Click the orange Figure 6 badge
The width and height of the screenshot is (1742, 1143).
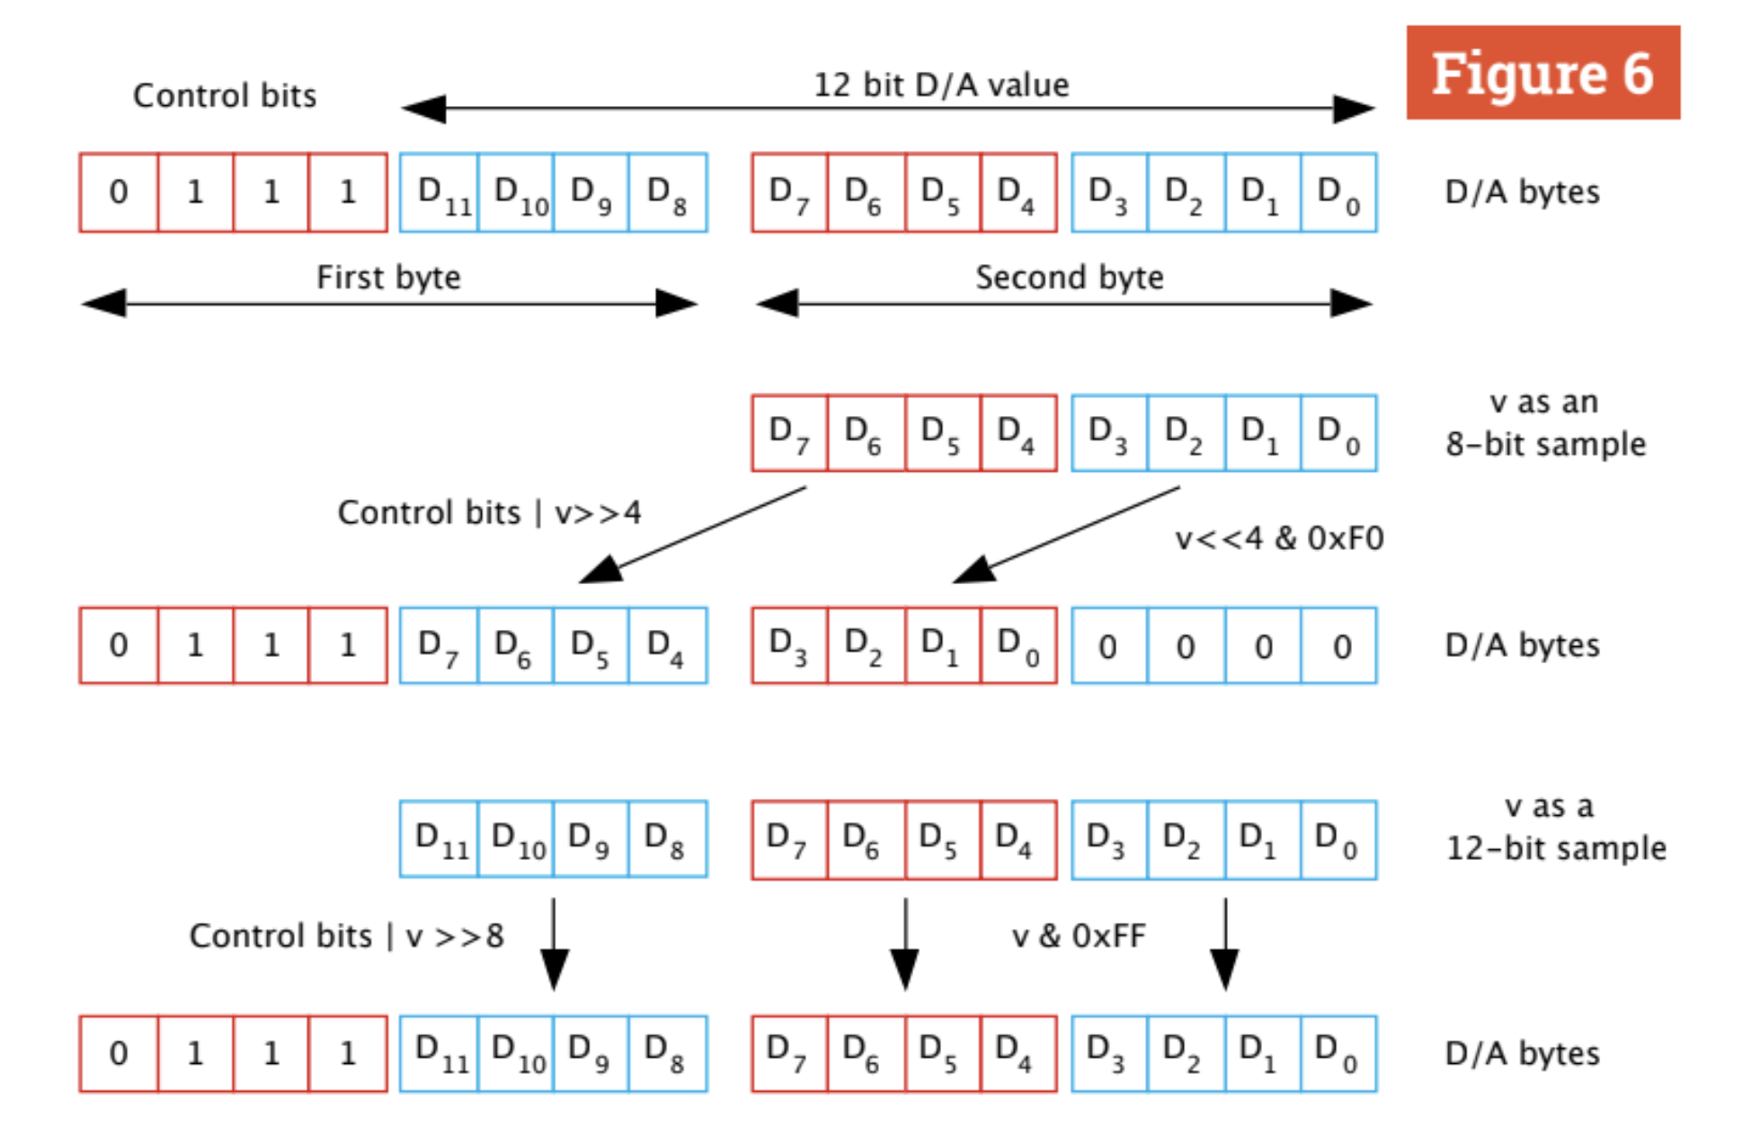pyautogui.click(x=1542, y=73)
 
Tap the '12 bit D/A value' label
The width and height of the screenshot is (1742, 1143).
pyautogui.click(x=941, y=85)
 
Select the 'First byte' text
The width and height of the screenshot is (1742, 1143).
pyautogui.click(x=388, y=278)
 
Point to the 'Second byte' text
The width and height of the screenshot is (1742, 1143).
pyautogui.click(x=1069, y=278)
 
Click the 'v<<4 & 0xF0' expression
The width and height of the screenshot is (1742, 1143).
pyautogui.click(x=1279, y=538)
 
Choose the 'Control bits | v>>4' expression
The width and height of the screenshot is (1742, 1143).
pyautogui.click(x=489, y=512)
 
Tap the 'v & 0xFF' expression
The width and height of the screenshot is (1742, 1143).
pyautogui.click(x=1079, y=936)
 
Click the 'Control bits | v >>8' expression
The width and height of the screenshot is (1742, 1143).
pyautogui.click(x=346, y=936)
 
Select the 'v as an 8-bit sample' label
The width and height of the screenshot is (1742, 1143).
pyautogui.click(x=1545, y=423)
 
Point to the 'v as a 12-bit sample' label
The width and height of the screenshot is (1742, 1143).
pyautogui.click(x=1555, y=827)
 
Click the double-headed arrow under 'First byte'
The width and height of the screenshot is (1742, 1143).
pyautogui.click(x=388, y=304)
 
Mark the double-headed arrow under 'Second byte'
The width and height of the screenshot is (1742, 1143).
pyautogui.click(x=1064, y=304)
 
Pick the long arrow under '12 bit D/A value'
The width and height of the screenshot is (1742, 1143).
pyautogui.click(x=888, y=109)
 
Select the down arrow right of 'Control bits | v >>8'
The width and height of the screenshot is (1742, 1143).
pyautogui.click(x=554, y=944)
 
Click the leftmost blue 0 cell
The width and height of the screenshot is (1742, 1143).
pyautogui.click(x=1108, y=646)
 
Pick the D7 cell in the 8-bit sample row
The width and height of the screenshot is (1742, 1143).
pyautogui.click(x=789, y=433)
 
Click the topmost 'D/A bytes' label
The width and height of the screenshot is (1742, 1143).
pyautogui.click(x=1522, y=192)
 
